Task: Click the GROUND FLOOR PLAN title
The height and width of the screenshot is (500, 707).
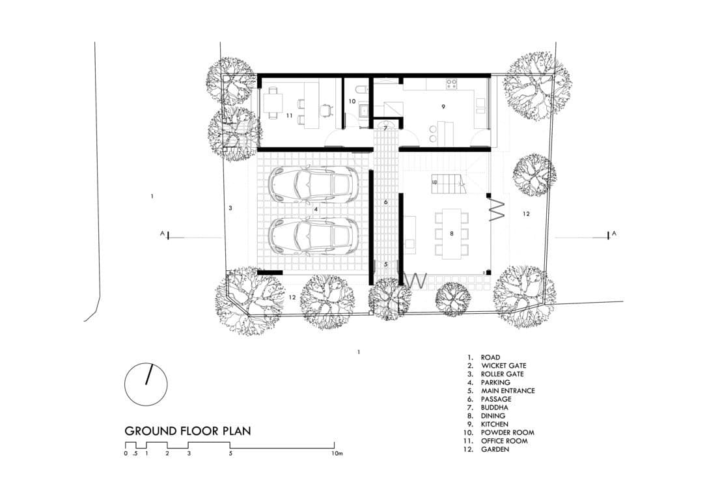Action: (187, 431)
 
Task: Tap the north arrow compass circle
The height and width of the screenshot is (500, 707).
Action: (146, 383)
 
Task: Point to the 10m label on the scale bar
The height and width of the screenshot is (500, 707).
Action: (336, 453)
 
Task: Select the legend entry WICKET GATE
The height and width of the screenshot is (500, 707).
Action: (503, 366)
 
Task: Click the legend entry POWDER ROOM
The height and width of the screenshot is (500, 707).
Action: (507, 432)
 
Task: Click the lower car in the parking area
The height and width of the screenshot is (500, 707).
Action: (313, 236)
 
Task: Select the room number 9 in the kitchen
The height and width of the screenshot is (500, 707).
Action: (443, 107)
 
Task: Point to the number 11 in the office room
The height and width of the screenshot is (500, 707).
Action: (289, 115)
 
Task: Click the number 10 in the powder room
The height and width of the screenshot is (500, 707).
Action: (352, 102)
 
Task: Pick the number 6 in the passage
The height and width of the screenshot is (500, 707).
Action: (385, 202)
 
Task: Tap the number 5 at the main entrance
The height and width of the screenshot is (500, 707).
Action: (385, 264)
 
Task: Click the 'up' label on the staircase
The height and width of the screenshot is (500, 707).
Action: (434, 182)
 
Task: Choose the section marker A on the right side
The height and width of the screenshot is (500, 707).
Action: (615, 233)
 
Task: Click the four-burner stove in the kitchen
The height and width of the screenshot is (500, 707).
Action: (451, 83)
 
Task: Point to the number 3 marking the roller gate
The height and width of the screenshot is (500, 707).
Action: (230, 208)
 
